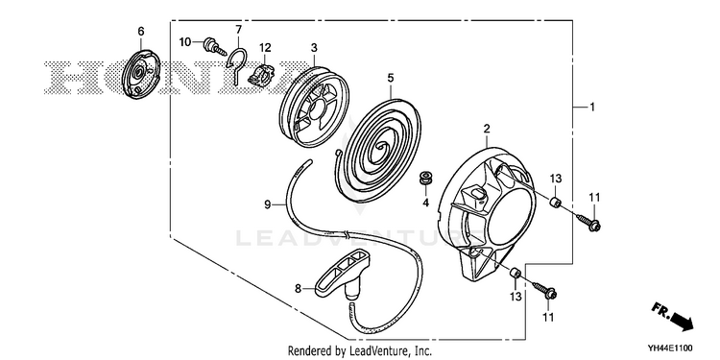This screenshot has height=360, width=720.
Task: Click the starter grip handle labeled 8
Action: pyautogui.click(x=341, y=275)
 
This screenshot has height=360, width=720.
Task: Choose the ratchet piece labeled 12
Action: pyautogui.click(x=261, y=74)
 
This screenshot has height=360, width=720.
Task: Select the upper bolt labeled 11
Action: pyautogui.click(x=588, y=222)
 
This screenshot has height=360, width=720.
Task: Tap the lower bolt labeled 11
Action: pyautogui.click(x=544, y=290)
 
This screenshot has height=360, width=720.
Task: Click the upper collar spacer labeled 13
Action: pyautogui.click(x=555, y=202)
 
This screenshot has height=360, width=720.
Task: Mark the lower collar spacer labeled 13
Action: pyautogui.click(x=514, y=273)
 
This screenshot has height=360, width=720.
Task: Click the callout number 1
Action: pyautogui.click(x=592, y=107)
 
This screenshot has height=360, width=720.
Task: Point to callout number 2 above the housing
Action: pyautogui.click(x=487, y=129)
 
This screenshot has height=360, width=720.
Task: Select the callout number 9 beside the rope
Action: pyautogui.click(x=268, y=204)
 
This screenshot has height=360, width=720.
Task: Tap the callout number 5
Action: pyautogui.click(x=391, y=78)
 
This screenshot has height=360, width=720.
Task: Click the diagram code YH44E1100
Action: pyautogui.click(x=670, y=348)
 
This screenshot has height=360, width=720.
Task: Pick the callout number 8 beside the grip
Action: pyautogui.click(x=298, y=288)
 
